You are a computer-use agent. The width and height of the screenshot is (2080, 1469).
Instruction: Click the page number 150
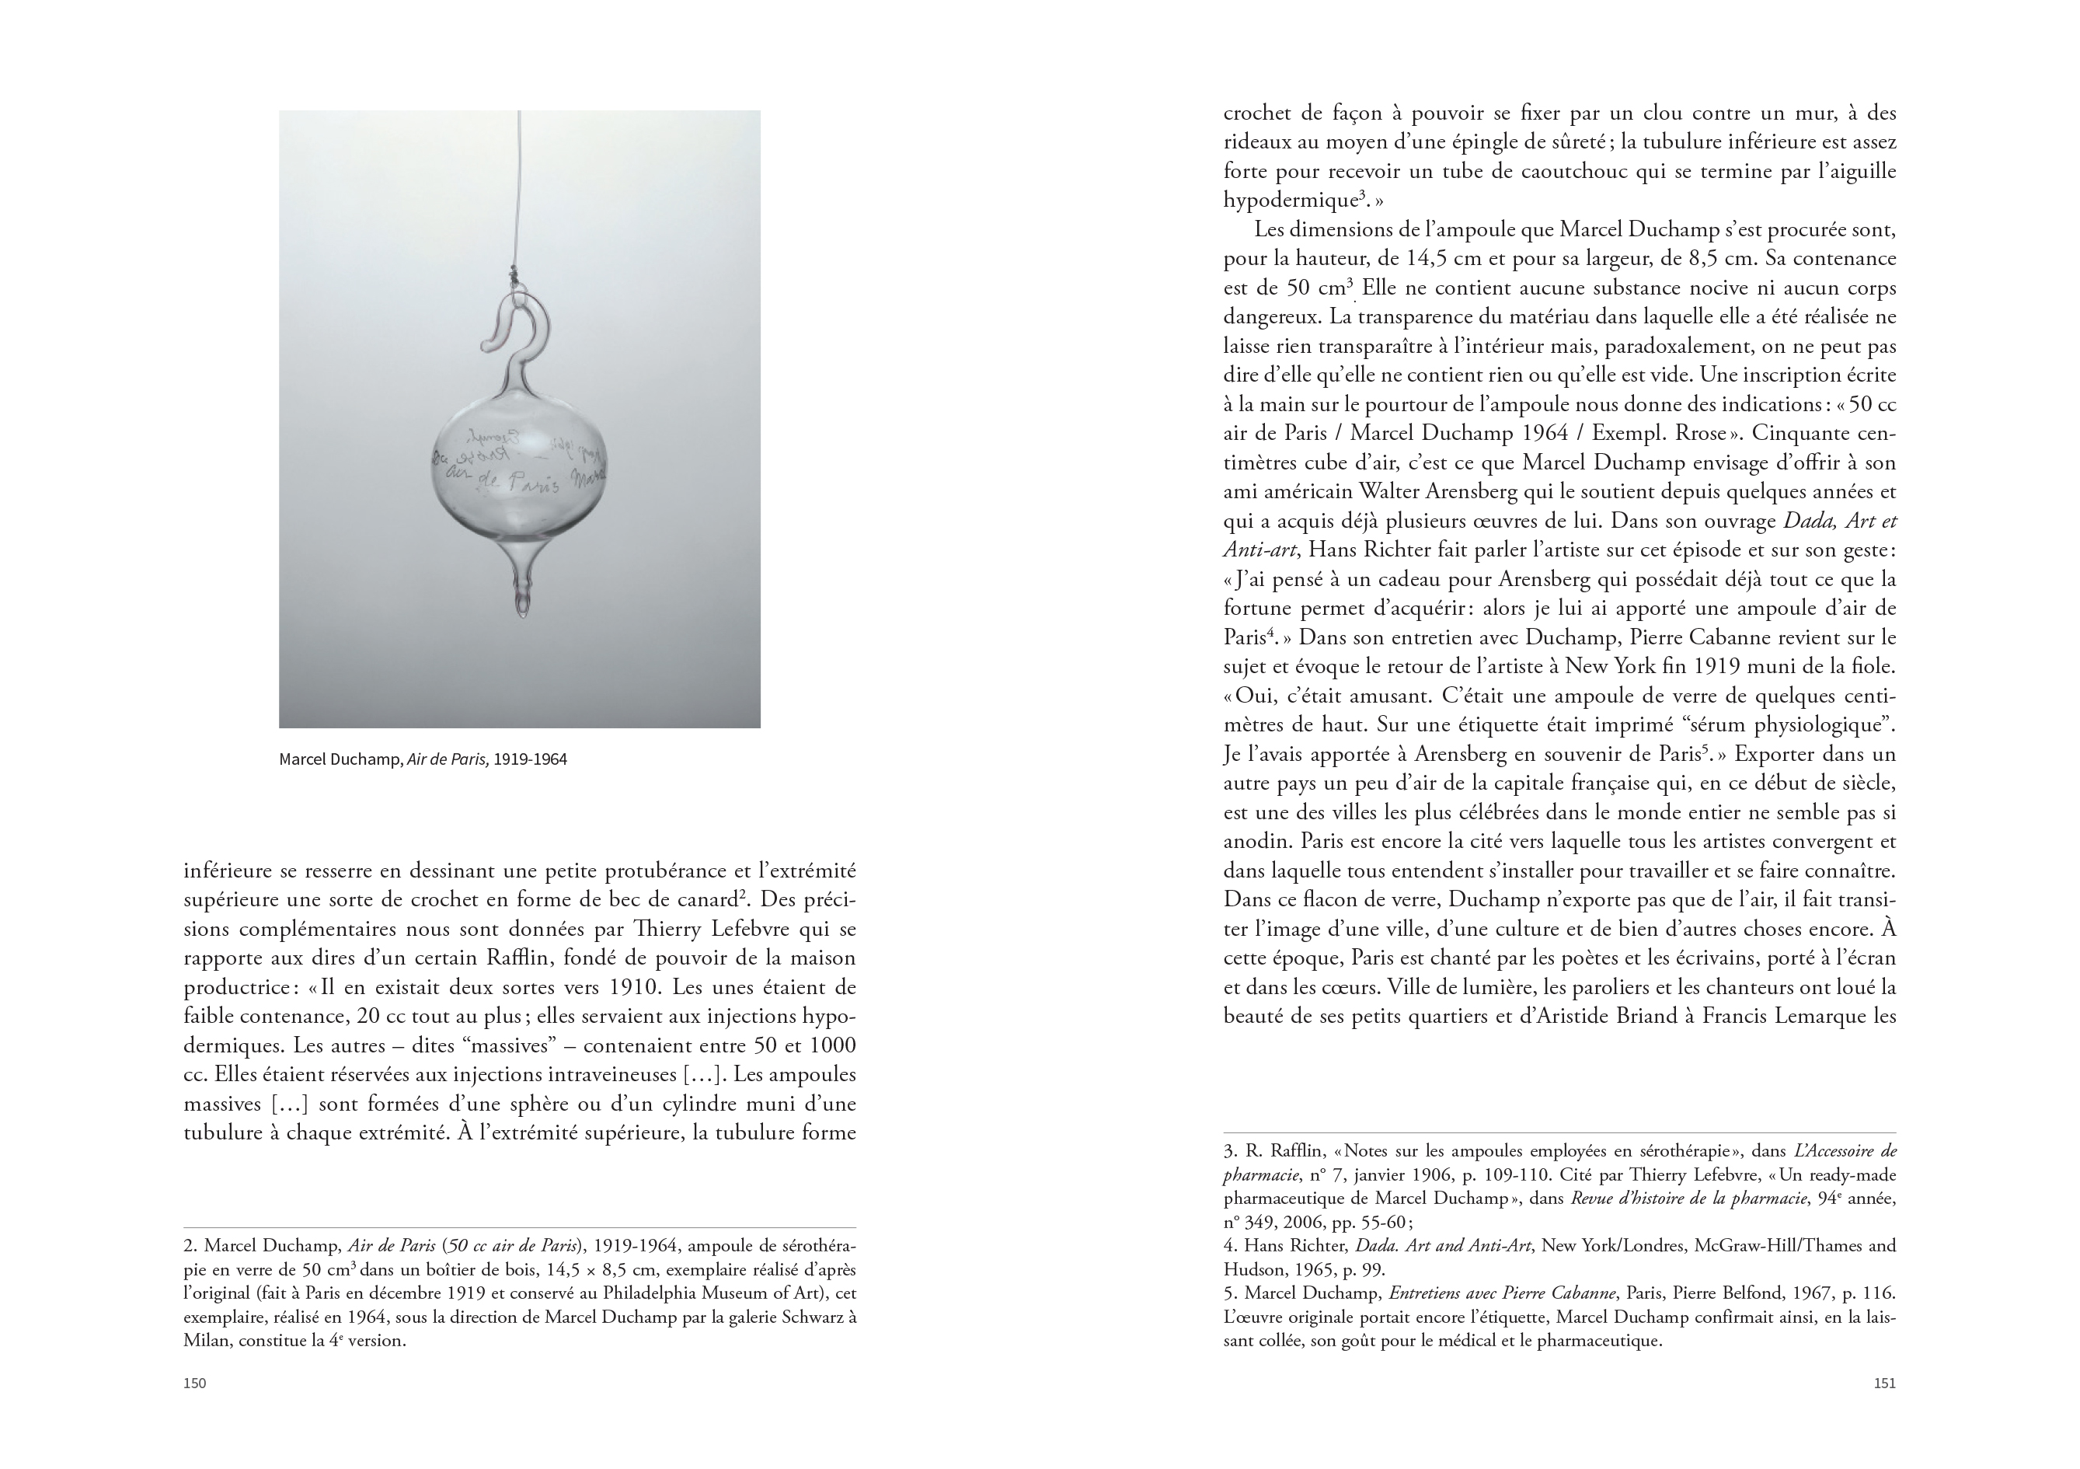pyautogui.click(x=195, y=1383)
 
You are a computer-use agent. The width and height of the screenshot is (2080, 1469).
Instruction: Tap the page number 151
pyautogui.click(x=1884, y=1383)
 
